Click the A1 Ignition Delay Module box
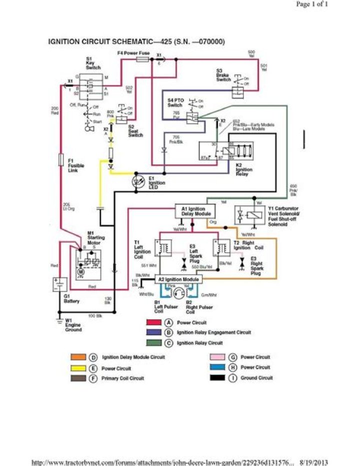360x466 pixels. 195,211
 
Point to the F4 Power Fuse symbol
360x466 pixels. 142,59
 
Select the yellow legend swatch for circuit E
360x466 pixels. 78,368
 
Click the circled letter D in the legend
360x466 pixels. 93,357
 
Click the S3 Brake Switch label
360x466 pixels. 223,76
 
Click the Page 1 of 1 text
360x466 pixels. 312,5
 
